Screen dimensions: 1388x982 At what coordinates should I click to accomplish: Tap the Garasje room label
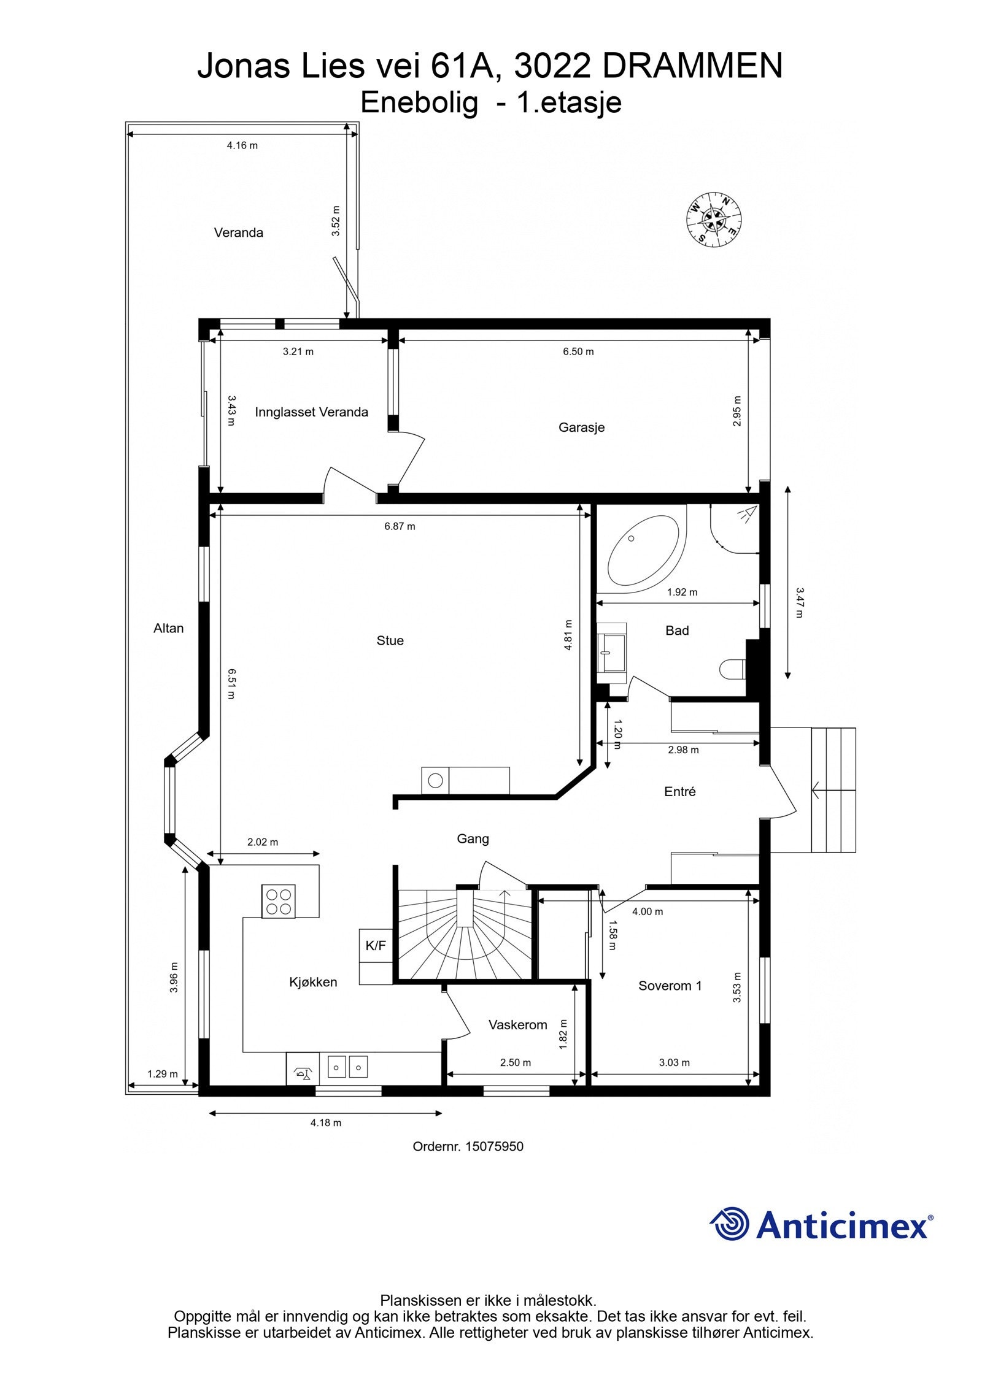(x=581, y=428)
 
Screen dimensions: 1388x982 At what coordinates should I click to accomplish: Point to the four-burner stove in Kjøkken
(x=278, y=901)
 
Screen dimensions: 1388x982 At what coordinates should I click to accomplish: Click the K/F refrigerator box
(x=376, y=946)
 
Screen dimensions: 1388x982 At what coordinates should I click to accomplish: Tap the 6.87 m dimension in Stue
(x=400, y=526)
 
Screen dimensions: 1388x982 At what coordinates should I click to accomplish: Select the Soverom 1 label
(x=670, y=986)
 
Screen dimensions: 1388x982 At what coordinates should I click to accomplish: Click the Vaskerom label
(x=517, y=1025)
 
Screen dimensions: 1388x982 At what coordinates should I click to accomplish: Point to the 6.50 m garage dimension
(x=578, y=351)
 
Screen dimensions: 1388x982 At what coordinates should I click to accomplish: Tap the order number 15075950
(x=494, y=1146)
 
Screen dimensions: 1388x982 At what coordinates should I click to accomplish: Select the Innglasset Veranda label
(x=311, y=412)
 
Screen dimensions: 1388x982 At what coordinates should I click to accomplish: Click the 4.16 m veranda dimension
(x=242, y=145)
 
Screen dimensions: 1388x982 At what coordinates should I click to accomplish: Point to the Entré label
(x=679, y=792)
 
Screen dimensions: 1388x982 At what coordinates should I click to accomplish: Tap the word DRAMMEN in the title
(x=692, y=66)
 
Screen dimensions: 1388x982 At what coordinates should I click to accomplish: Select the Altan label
(x=168, y=628)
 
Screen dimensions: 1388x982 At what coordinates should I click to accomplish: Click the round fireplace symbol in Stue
(x=435, y=781)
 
